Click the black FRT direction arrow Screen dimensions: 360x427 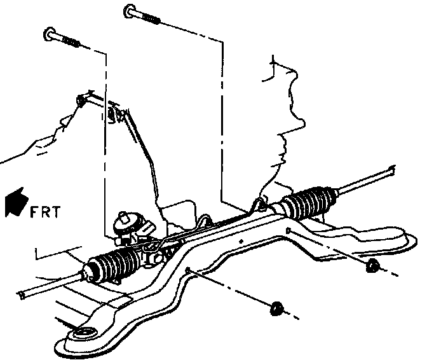[x=14, y=204]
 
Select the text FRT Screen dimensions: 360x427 [x=44, y=211]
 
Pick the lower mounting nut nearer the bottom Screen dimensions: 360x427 [x=276, y=309]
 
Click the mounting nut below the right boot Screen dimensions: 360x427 [x=373, y=265]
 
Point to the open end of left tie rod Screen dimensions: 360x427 [x=24, y=293]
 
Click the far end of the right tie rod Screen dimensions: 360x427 [x=391, y=169]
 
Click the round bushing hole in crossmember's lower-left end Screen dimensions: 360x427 [x=81, y=335]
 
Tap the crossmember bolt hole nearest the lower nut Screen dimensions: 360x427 [x=189, y=272]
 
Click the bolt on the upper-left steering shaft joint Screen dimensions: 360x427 [x=81, y=99]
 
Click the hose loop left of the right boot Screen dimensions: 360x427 [x=259, y=204]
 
